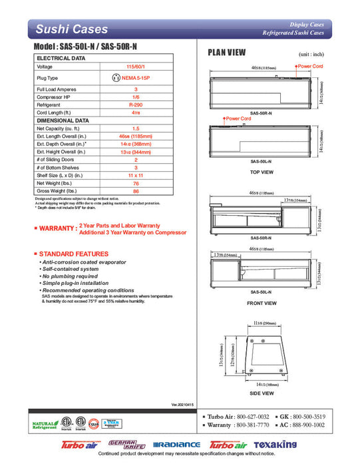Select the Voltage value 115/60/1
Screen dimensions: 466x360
click(x=136, y=67)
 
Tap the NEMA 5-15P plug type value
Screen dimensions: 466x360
click(x=136, y=78)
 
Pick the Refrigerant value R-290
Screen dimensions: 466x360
click(x=136, y=105)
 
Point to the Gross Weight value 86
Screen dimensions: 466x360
click(x=136, y=191)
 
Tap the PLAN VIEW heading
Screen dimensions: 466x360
click(x=227, y=53)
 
